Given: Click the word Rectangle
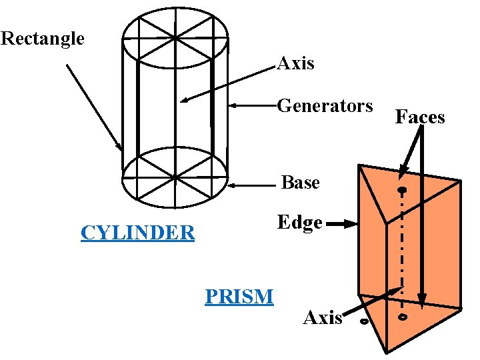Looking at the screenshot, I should pyautogui.click(x=43, y=39).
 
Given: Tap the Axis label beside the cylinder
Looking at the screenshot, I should pyautogui.click(x=295, y=64).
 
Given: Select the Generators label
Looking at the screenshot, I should pyautogui.click(x=325, y=106).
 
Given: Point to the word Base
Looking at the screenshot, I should pyautogui.click(x=301, y=183).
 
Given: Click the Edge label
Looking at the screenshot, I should pyautogui.click(x=300, y=223).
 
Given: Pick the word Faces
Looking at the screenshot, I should pyautogui.click(x=420, y=117).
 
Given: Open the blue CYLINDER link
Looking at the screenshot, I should pyautogui.click(x=137, y=233).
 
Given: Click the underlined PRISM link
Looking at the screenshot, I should pyautogui.click(x=239, y=295).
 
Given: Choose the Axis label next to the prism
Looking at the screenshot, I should pyautogui.click(x=322, y=318).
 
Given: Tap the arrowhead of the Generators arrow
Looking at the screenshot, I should pyautogui.click(x=233, y=105).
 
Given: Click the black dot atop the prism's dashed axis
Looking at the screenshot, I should pyautogui.click(x=402, y=192).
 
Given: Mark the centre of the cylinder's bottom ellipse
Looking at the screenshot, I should pyautogui.click(x=175, y=177).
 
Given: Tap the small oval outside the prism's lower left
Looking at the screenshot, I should pyautogui.click(x=364, y=322).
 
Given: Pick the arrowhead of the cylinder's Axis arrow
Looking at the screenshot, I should pyautogui.click(x=184, y=101).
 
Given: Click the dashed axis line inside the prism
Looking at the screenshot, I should pyautogui.click(x=402, y=247).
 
